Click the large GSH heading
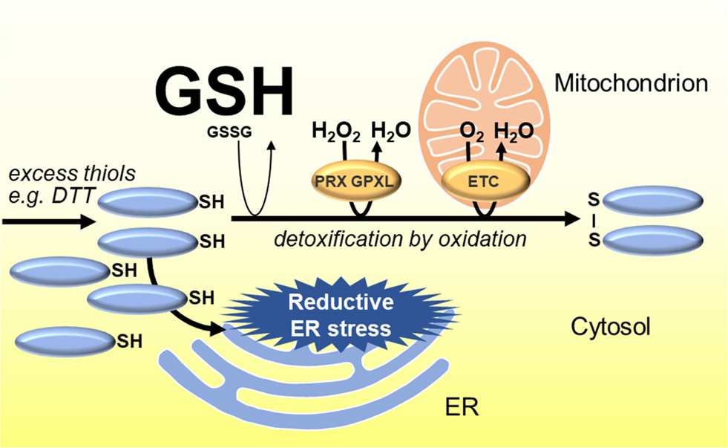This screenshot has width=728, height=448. point(222,93)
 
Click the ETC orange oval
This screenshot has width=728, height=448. point(485,181)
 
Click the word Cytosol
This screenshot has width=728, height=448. point(611,327)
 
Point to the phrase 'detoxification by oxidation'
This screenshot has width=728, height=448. point(401,239)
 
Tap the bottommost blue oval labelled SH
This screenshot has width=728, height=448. point(63,341)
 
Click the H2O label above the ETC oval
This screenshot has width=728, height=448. point(514,132)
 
